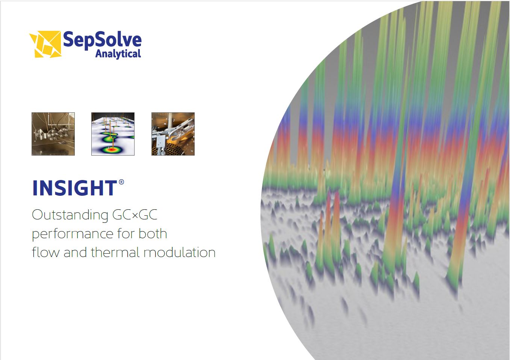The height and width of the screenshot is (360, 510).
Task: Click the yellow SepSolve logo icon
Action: (45, 44)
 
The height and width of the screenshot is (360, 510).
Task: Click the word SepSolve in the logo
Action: (102, 40)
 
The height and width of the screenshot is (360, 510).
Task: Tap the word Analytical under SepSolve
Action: (118, 54)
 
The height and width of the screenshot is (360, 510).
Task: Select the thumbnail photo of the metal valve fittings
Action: (53, 134)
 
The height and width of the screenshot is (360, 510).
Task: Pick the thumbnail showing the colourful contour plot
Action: (113, 134)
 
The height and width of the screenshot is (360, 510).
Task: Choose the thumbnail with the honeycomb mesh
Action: (173, 134)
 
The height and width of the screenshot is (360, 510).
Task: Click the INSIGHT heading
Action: (75, 188)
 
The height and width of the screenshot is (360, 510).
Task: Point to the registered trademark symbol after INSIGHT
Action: (121, 182)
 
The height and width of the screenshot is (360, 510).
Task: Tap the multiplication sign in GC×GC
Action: (135, 215)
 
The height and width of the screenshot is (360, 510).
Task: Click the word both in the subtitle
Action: (153, 233)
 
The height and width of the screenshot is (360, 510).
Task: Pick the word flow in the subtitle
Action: (45, 252)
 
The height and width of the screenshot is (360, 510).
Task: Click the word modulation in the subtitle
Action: (180, 252)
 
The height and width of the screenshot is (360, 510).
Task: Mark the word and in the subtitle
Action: (75, 253)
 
